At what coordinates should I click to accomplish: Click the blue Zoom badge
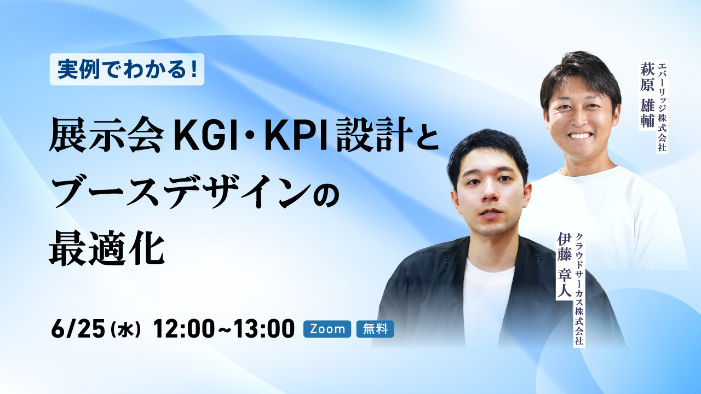327,329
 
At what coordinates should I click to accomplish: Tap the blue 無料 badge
375,329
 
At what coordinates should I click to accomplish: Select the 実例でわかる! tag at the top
127,69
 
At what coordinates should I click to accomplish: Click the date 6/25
78,329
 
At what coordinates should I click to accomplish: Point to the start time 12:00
184,329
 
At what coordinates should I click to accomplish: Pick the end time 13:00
264,329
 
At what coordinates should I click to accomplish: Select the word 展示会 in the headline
106,135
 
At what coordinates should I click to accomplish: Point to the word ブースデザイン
181,192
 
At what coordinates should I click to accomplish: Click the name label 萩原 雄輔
647,95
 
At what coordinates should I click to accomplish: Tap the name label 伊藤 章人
564,266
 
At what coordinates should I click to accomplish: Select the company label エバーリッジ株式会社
662,107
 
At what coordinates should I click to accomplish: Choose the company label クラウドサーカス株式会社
579,289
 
